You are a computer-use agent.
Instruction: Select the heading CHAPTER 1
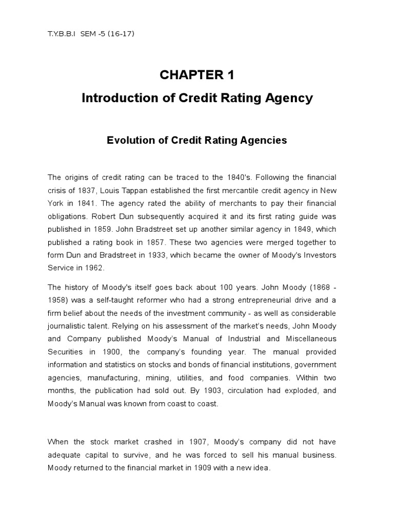point(197,75)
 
